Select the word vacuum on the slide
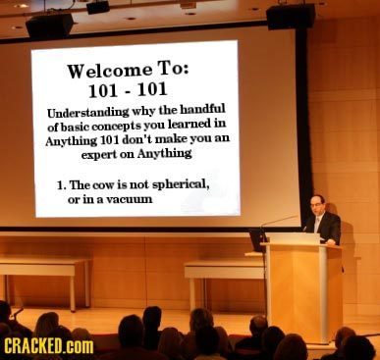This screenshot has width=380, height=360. point(123,198)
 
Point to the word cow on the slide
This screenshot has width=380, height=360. point(104,184)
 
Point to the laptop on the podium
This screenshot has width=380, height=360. point(258,238)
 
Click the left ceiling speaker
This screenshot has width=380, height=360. point(49,26)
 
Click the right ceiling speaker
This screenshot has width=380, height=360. point(291,16)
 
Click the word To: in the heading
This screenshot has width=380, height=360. point(173,68)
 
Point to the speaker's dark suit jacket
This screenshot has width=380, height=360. point(328,228)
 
